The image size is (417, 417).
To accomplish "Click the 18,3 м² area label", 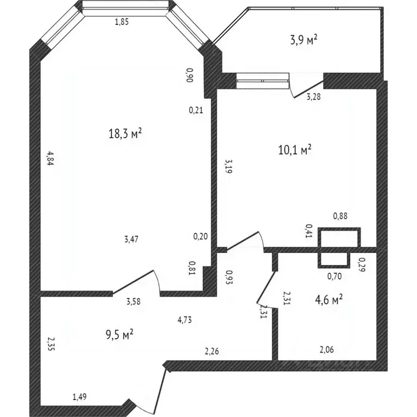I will click(125, 134).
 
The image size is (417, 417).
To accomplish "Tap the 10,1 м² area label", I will click(294, 149).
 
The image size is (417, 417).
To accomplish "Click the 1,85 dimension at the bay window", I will click(122, 22).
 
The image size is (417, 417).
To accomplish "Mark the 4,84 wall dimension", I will click(49, 158).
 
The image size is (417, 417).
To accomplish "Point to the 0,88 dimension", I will click(340, 216).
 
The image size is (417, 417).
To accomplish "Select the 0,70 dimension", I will click(334, 276).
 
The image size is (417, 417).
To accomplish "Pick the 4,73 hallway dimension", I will click(185, 319).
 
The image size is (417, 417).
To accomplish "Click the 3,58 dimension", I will click(134, 302).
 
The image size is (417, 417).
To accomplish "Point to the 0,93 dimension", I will click(229, 278).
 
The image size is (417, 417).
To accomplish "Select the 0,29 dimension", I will click(362, 264).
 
